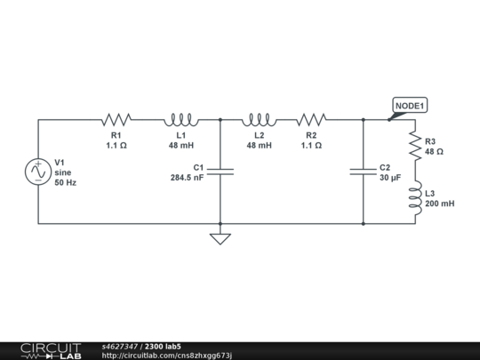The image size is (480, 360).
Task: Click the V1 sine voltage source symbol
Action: [39, 171]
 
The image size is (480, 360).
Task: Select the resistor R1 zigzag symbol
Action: [116, 119]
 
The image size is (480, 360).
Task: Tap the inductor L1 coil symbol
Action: [180, 119]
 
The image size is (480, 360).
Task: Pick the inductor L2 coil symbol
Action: [259, 119]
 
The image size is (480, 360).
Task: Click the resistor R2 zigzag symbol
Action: [311, 119]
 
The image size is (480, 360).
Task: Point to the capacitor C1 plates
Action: [220, 172]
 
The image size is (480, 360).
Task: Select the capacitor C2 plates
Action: [364, 172]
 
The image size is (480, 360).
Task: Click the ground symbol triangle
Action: [220, 237]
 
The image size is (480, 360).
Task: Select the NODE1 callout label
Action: [410, 106]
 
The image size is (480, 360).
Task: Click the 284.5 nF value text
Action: [188, 178]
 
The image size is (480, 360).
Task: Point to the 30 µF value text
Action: [390, 178]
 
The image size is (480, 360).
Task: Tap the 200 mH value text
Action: [440, 204]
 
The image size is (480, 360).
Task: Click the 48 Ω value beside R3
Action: [434, 152]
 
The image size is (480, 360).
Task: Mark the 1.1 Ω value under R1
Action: [116, 145]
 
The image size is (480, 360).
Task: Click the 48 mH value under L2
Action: [259, 145]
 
